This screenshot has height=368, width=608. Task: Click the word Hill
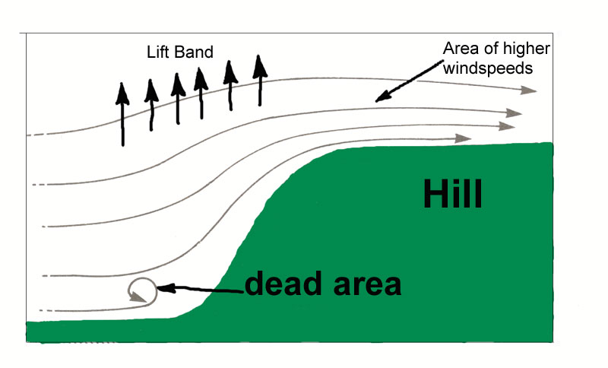[x=452, y=195]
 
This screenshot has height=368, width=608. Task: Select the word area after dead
[x=363, y=286]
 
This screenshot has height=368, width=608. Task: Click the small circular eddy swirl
[x=141, y=290]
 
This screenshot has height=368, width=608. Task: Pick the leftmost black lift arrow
[x=122, y=114]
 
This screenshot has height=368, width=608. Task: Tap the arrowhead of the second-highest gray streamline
[x=515, y=113]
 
